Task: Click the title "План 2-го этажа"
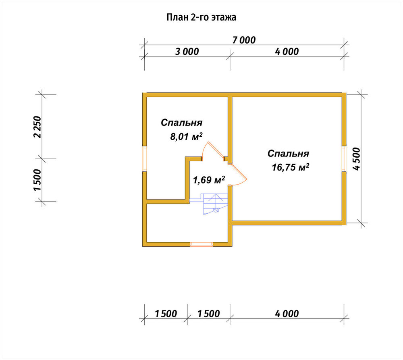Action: click(x=201, y=17)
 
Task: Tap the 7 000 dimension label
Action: click(x=244, y=40)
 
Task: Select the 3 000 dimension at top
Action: click(x=187, y=52)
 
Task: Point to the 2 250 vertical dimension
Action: click(x=37, y=127)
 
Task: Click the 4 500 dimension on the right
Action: click(x=357, y=159)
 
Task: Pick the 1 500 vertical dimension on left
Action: click(x=37, y=180)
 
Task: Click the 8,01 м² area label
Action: click(x=186, y=136)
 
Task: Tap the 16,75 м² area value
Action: click(x=290, y=167)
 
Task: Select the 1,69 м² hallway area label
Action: click(x=209, y=180)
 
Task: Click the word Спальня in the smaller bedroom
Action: click(x=181, y=123)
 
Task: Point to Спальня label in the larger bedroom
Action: click(x=288, y=154)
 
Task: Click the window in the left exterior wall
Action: click(x=145, y=159)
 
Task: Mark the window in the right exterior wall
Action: click(x=344, y=159)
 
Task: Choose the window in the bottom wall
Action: click(x=201, y=244)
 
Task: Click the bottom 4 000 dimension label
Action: click(x=287, y=314)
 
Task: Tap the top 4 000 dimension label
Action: click(x=287, y=52)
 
